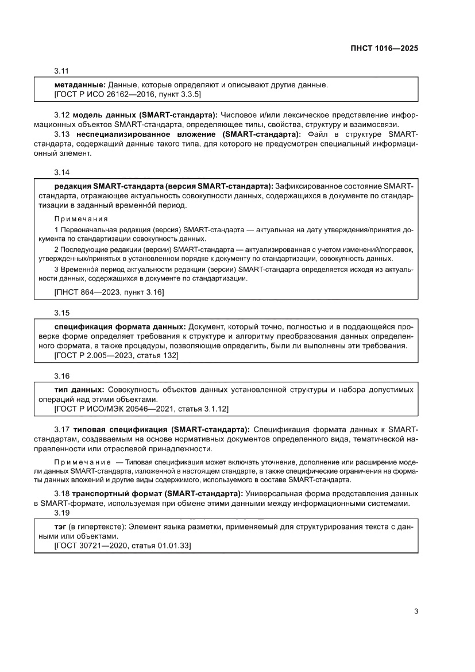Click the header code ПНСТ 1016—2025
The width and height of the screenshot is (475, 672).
(x=384, y=49)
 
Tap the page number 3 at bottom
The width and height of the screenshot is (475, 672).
(x=415, y=611)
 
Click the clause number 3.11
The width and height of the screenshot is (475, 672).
(x=61, y=71)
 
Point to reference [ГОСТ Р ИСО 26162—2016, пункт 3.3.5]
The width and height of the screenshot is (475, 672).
(x=127, y=94)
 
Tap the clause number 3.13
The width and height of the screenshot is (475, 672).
(x=61, y=134)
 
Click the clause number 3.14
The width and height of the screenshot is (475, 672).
(x=61, y=172)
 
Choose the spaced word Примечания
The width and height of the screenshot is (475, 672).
(x=81, y=219)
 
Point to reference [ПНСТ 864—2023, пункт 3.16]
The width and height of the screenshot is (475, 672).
(x=109, y=292)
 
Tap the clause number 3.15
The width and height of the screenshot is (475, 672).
(x=61, y=313)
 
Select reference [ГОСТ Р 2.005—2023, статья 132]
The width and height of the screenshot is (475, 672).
(x=116, y=356)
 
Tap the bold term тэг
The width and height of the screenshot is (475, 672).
(x=60, y=526)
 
